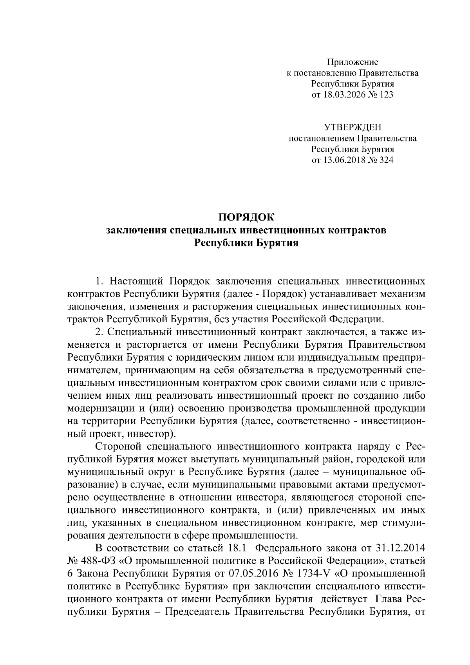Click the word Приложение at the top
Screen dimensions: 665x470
pos(352,62)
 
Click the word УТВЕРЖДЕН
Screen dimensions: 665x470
pos(352,127)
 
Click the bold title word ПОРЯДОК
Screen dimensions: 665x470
pos(246,217)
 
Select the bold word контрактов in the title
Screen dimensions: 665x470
pos(356,230)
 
